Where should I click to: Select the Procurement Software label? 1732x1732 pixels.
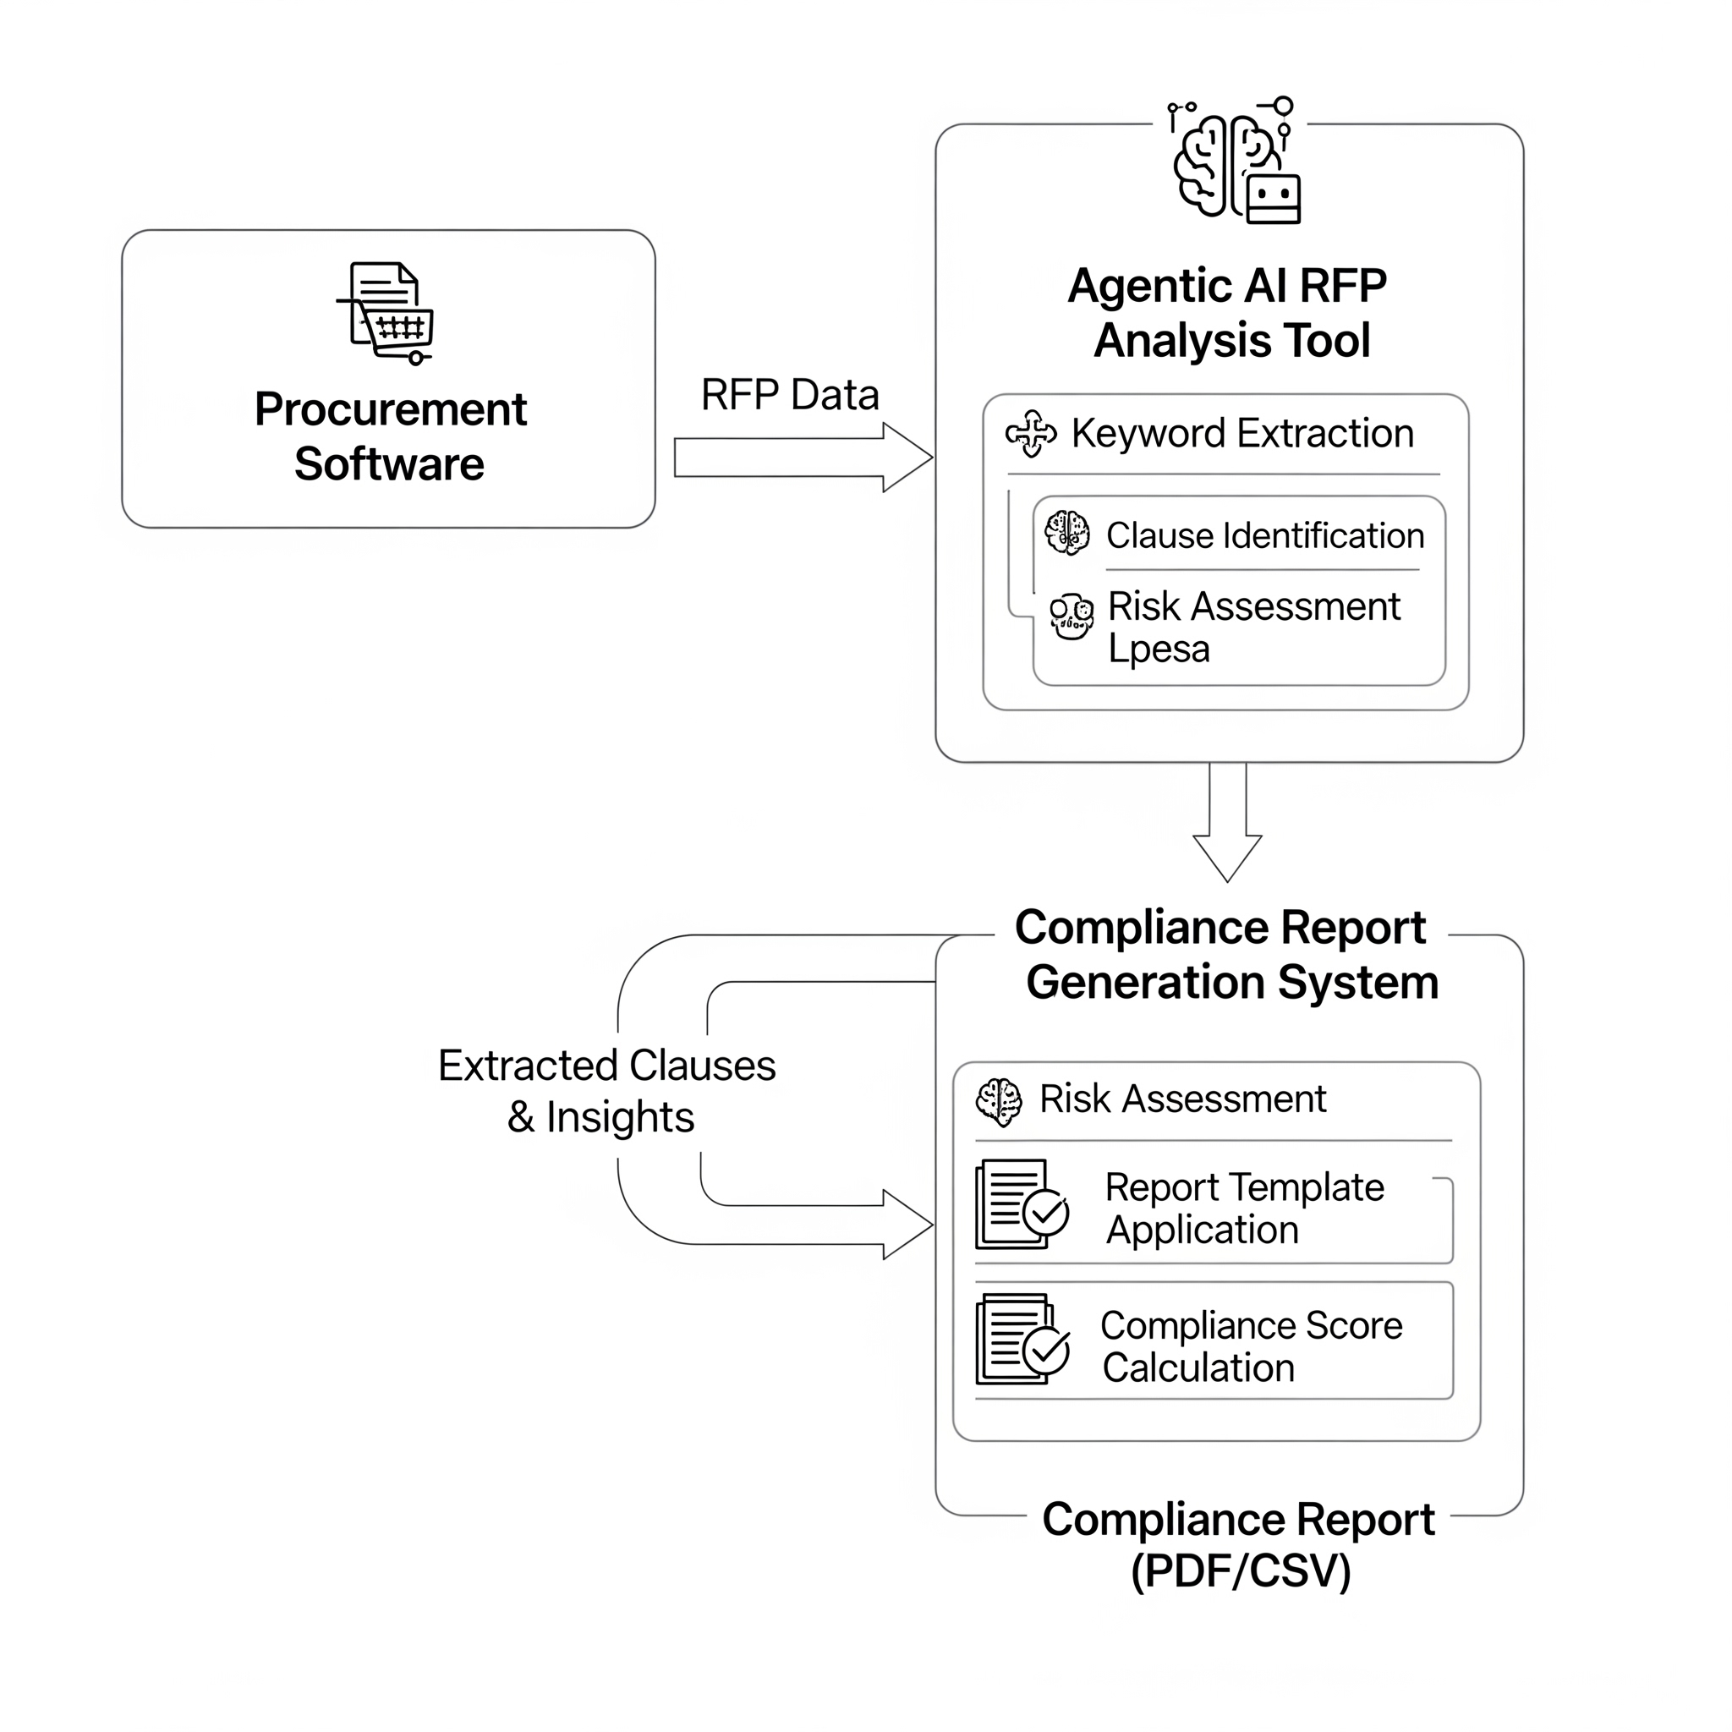390,436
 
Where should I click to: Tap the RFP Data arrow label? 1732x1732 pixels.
790,395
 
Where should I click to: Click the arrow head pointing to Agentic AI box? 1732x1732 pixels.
909,458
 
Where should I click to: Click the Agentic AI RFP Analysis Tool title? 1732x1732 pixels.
1228,313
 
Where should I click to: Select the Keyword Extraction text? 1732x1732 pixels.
1242,434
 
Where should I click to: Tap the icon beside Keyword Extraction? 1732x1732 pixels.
1031,434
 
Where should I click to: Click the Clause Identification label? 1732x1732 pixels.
1265,536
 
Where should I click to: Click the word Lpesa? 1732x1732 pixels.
1159,649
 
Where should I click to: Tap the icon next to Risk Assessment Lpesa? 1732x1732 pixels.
1072,617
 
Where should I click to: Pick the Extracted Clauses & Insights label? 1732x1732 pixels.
606,1091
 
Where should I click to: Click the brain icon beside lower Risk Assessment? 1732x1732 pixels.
999,1102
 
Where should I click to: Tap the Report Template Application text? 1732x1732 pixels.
1244,1209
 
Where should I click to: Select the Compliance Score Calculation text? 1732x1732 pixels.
1251,1346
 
